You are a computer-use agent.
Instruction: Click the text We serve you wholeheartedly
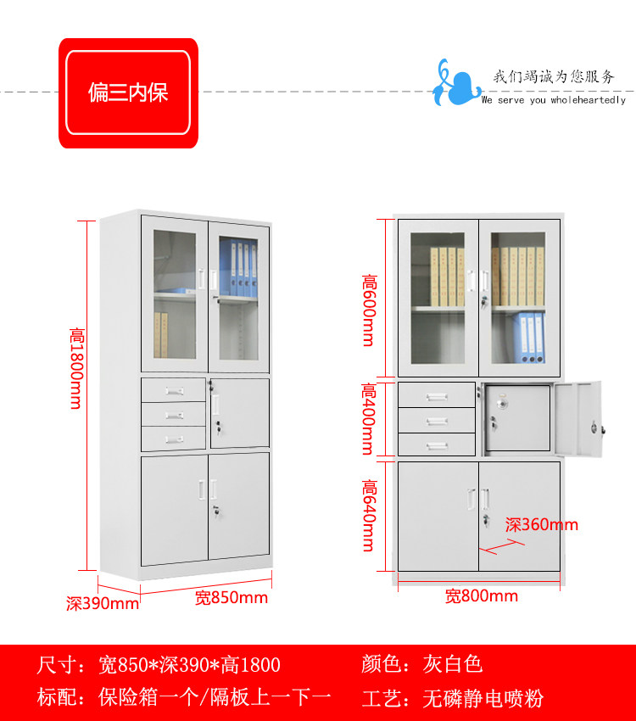tap(553, 100)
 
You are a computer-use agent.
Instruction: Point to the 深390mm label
tap(103, 603)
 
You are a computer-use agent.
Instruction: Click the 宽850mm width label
tap(231, 598)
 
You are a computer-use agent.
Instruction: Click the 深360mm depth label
tap(542, 524)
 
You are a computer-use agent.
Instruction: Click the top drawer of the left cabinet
tap(174, 390)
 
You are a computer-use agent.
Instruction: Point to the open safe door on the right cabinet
tap(579, 421)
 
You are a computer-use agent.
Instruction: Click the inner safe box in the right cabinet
tap(517, 418)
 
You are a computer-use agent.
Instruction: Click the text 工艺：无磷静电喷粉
tap(452, 699)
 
